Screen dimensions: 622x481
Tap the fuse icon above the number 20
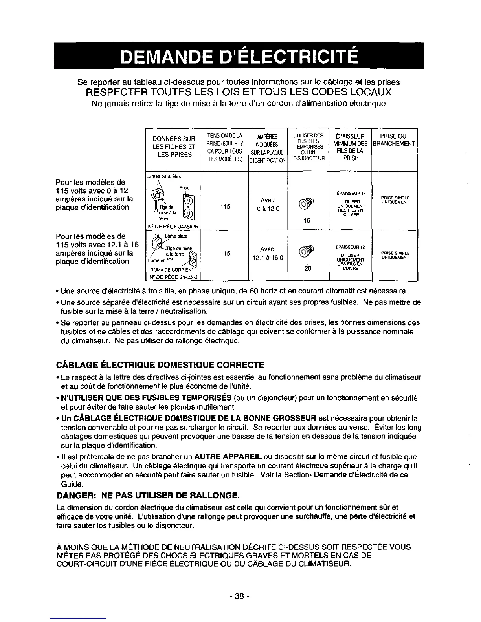pyautogui.click(x=307, y=252)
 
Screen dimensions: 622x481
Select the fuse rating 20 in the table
pyautogui.click(x=307, y=268)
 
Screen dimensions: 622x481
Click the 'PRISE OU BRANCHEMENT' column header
pyautogui.click(x=394, y=140)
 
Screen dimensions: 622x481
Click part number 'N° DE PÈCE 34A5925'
pyautogui.click(x=172, y=226)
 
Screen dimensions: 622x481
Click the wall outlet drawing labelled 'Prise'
pyautogui.click(x=189, y=209)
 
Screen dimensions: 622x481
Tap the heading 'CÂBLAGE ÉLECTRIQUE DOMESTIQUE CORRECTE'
pyautogui.click(x=160, y=365)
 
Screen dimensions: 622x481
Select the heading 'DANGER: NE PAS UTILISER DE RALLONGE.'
pyautogui.click(x=148, y=494)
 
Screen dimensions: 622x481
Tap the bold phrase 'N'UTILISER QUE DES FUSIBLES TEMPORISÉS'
pyautogui.click(x=146, y=398)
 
